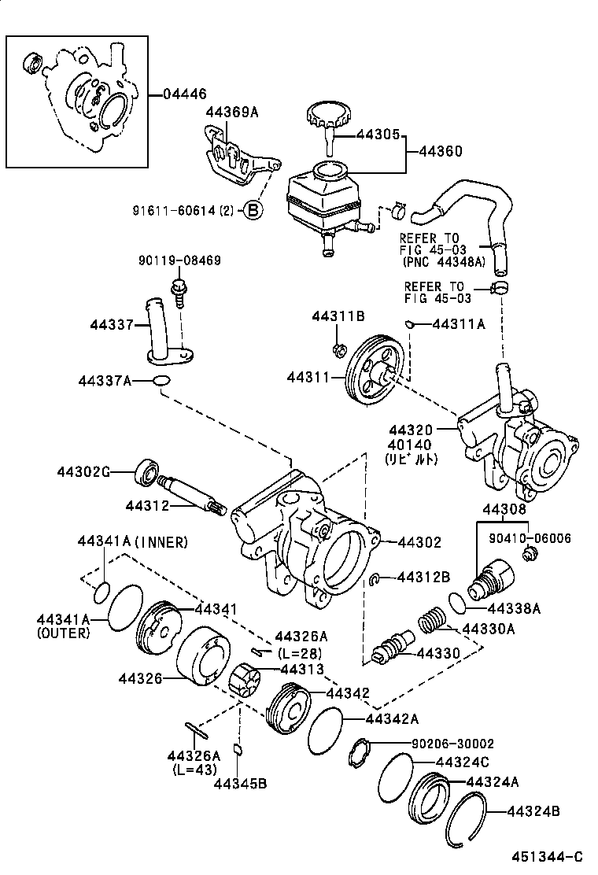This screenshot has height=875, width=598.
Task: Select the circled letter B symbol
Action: pyautogui.click(x=253, y=210)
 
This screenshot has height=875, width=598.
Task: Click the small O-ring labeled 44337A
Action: pyautogui.click(x=160, y=382)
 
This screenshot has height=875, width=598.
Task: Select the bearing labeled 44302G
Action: pyautogui.click(x=147, y=471)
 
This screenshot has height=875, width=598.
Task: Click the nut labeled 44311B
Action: pyautogui.click(x=339, y=349)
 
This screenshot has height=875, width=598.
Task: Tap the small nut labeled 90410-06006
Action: pyautogui.click(x=529, y=556)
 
